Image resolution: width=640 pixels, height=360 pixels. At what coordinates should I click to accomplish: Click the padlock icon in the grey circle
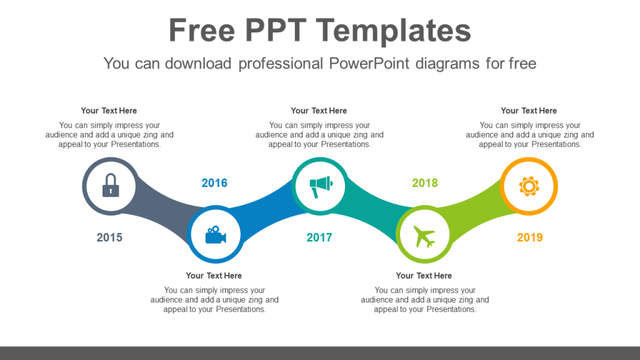(x=110, y=185)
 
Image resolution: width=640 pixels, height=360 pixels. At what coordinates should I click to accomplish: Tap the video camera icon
(x=215, y=236)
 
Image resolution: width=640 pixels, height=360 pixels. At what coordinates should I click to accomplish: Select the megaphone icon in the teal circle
(x=320, y=185)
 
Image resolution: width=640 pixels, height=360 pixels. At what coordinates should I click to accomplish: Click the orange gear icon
(x=529, y=186)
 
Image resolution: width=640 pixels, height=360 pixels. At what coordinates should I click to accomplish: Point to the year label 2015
(x=109, y=237)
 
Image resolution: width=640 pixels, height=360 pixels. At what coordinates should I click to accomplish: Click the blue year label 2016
(x=214, y=183)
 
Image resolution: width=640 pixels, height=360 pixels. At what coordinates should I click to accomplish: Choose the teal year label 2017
(x=319, y=237)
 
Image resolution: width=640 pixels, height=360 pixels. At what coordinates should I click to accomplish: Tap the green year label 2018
(x=425, y=183)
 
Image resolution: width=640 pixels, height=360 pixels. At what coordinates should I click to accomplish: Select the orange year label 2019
(x=530, y=237)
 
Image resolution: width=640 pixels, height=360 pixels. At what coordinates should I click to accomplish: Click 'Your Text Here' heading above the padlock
(x=109, y=111)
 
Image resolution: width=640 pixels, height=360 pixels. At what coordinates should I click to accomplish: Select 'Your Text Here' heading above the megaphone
(x=319, y=111)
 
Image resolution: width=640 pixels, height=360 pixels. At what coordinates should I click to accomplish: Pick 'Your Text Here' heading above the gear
(x=529, y=111)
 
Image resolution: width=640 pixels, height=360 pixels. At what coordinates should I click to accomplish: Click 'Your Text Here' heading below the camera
(x=214, y=276)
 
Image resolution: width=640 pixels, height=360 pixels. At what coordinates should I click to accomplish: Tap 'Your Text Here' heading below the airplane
(x=424, y=276)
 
